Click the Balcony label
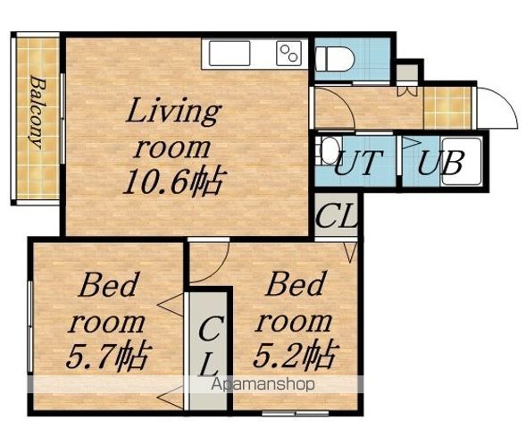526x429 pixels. click(38, 113)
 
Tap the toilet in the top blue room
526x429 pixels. click(335, 58)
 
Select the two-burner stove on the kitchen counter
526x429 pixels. click(288, 53)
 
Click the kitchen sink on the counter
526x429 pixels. click(230, 53)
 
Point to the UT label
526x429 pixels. click(358, 163)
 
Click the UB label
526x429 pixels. click(441, 163)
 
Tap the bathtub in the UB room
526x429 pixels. click(462, 161)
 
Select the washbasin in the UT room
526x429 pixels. click(330, 150)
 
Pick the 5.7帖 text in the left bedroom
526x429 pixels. click(107, 355)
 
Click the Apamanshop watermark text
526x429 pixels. click(263, 384)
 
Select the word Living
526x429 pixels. click(174, 111)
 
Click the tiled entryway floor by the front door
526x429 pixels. click(447, 108)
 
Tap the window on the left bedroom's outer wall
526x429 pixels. click(30, 326)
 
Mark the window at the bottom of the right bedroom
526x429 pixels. click(295, 413)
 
